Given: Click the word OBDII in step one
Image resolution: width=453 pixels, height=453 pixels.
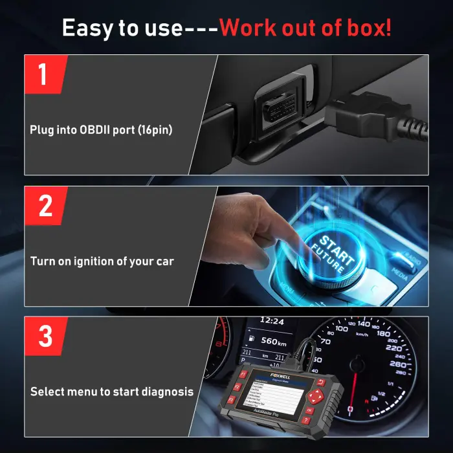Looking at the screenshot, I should [x=96, y=129].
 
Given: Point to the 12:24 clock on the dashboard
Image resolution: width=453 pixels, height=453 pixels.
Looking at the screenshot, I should [x=272, y=320].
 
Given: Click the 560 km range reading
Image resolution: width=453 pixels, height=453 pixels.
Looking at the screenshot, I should [x=272, y=342].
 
